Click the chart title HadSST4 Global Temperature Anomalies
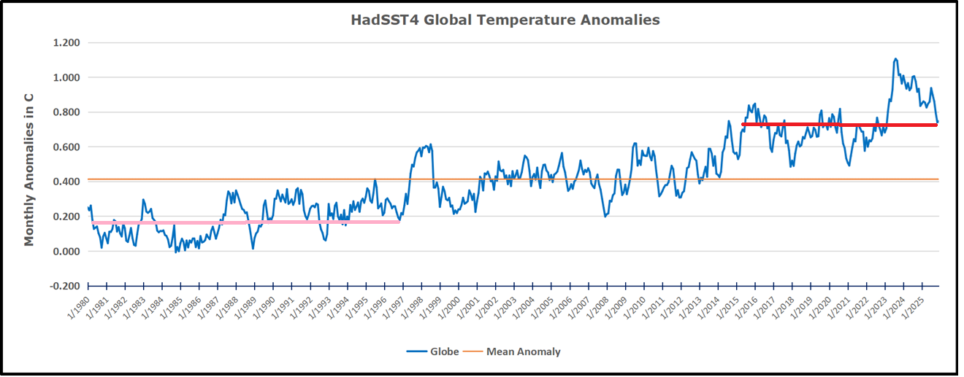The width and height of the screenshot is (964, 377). click(505, 20)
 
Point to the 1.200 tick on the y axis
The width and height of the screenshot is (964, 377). click(66, 43)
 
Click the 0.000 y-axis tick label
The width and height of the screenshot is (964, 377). click(66, 252)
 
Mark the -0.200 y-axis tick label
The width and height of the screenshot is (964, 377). click(64, 287)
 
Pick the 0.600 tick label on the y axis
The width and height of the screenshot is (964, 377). click(66, 147)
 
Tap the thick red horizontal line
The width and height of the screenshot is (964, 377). click(840, 125)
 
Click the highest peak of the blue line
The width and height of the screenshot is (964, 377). click(895, 59)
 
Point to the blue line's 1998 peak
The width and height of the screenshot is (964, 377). click(430, 145)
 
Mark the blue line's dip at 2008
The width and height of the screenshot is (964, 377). click(605, 216)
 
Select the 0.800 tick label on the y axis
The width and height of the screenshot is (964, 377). click(66, 112)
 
